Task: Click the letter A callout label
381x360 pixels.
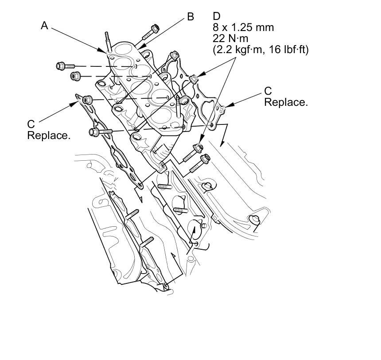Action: (44, 26)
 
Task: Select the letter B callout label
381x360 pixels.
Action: (190, 17)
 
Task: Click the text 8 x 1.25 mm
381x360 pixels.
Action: (243, 27)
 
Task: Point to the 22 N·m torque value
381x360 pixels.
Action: (230, 39)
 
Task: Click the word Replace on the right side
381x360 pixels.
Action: (286, 102)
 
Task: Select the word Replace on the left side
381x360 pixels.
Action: (49, 135)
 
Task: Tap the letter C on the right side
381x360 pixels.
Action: (268, 91)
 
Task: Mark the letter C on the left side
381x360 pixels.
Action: (31, 124)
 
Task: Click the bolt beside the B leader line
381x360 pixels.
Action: (152, 30)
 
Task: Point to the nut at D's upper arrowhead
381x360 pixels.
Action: (194, 79)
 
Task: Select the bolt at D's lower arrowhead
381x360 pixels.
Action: (198, 148)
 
